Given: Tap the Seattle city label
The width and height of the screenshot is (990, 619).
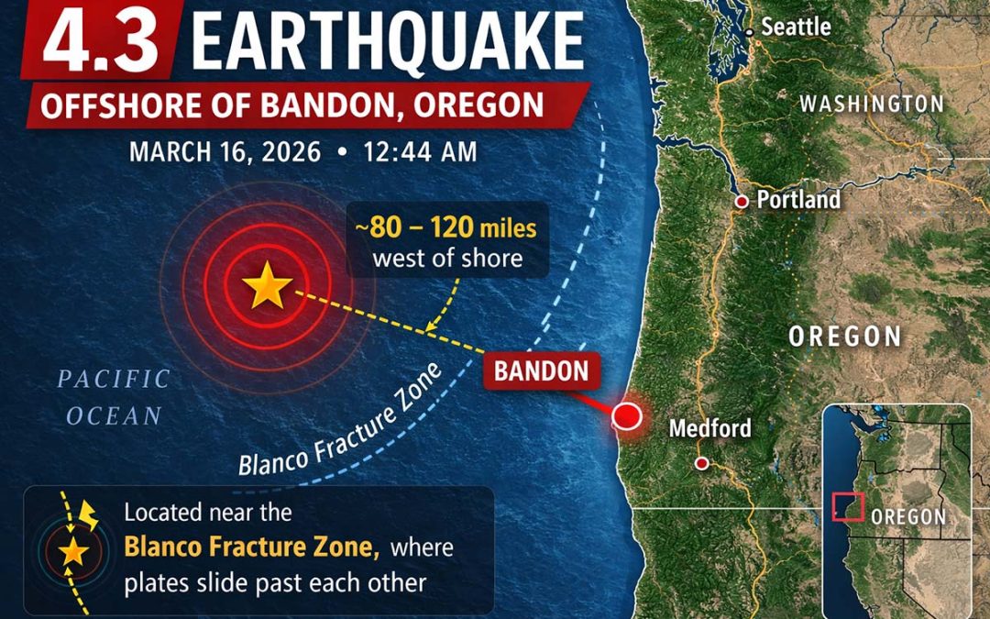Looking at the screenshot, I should (796, 28).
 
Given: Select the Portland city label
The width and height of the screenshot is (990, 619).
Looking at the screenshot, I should (797, 200).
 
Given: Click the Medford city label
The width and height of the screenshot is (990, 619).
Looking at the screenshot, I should (710, 428).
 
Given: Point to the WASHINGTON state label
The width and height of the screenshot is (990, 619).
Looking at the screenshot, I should (871, 104).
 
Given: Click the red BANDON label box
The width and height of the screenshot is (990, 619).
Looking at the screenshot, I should (542, 371).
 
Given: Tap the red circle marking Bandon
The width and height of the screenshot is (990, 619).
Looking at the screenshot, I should (627, 415).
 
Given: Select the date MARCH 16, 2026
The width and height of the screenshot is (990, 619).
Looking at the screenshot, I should (225, 151).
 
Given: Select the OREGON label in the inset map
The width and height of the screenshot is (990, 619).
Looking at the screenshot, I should (907, 516).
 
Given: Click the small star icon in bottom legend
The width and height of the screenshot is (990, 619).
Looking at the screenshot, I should (73, 552).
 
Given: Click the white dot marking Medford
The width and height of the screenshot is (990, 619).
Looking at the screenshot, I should (702, 463).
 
